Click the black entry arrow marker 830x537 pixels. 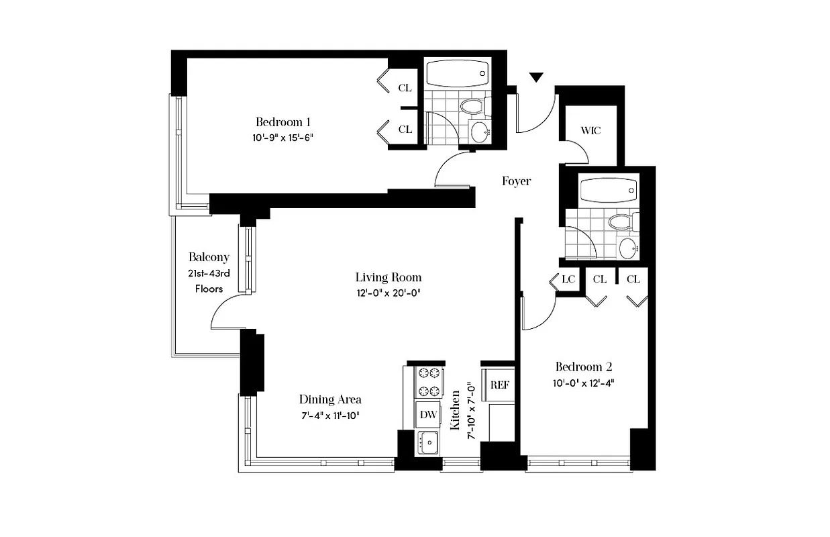point(535,78)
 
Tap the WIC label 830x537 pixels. point(590,130)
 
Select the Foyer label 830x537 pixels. point(516,181)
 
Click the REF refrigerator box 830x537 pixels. point(499,385)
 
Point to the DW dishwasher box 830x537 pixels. point(428,414)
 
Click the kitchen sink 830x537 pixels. point(427,442)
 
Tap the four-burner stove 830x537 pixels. point(428,382)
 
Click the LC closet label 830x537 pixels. point(569,279)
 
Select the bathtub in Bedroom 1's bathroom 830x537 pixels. point(458,74)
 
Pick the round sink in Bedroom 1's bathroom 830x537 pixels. point(481,132)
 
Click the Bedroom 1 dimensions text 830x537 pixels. point(284,138)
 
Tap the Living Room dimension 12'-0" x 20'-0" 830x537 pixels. point(388,293)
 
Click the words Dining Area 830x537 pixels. point(330,399)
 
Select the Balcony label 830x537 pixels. point(209,257)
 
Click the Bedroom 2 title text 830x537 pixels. point(583,367)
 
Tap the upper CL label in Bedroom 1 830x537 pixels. point(405,88)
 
